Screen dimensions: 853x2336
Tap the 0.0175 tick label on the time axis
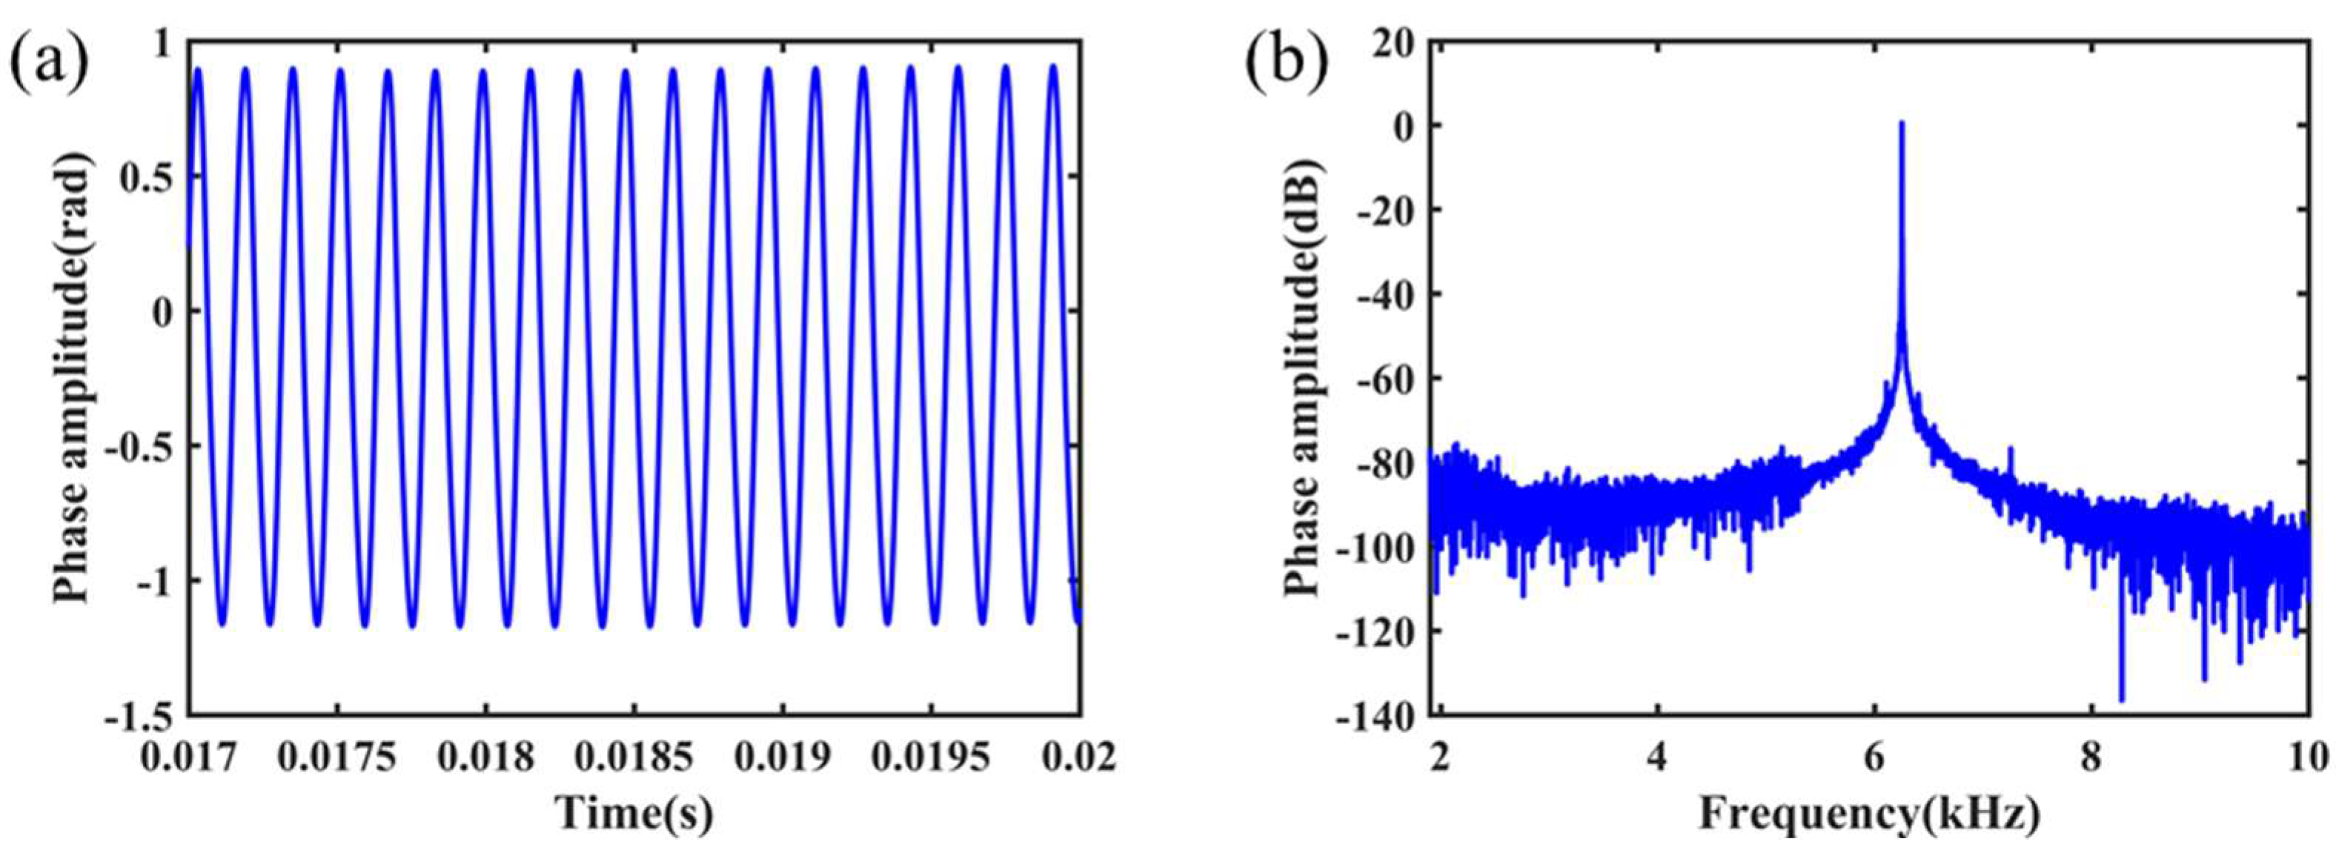[x=338, y=756]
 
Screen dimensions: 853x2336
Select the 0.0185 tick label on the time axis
[x=635, y=756]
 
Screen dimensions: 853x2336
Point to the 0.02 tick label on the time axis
[x=1078, y=756]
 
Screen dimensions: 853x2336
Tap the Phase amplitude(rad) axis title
[x=70, y=377]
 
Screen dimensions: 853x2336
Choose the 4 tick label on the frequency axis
[x=1657, y=756]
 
